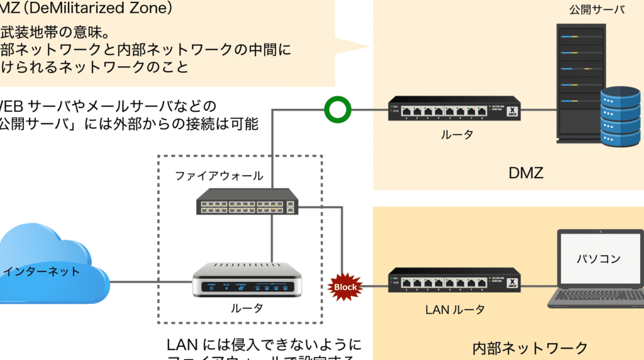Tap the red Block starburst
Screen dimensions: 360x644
pyautogui.click(x=345, y=286)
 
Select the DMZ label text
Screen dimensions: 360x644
pyautogui.click(x=525, y=172)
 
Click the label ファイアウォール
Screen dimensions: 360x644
pyautogui.click(x=219, y=176)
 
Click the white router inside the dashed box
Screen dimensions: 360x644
pyautogui.click(x=247, y=279)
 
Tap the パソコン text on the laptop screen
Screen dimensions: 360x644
pyautogui.click(x=599, y=259)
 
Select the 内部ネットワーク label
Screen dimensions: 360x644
pyautogui.click(x=530, y=348)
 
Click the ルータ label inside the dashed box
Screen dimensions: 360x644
pyautogui.click(x=247, y=308)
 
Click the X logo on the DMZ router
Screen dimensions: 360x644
pyautogui.click(x=512, y=109)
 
